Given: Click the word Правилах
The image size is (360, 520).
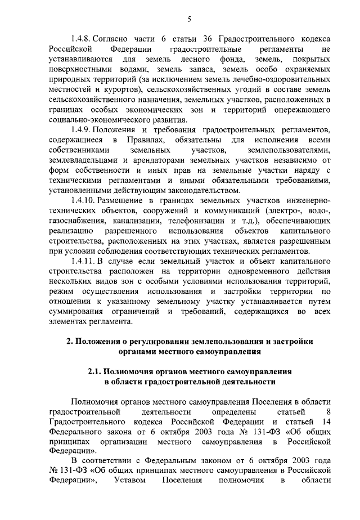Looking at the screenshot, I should click(x=146, y=140).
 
